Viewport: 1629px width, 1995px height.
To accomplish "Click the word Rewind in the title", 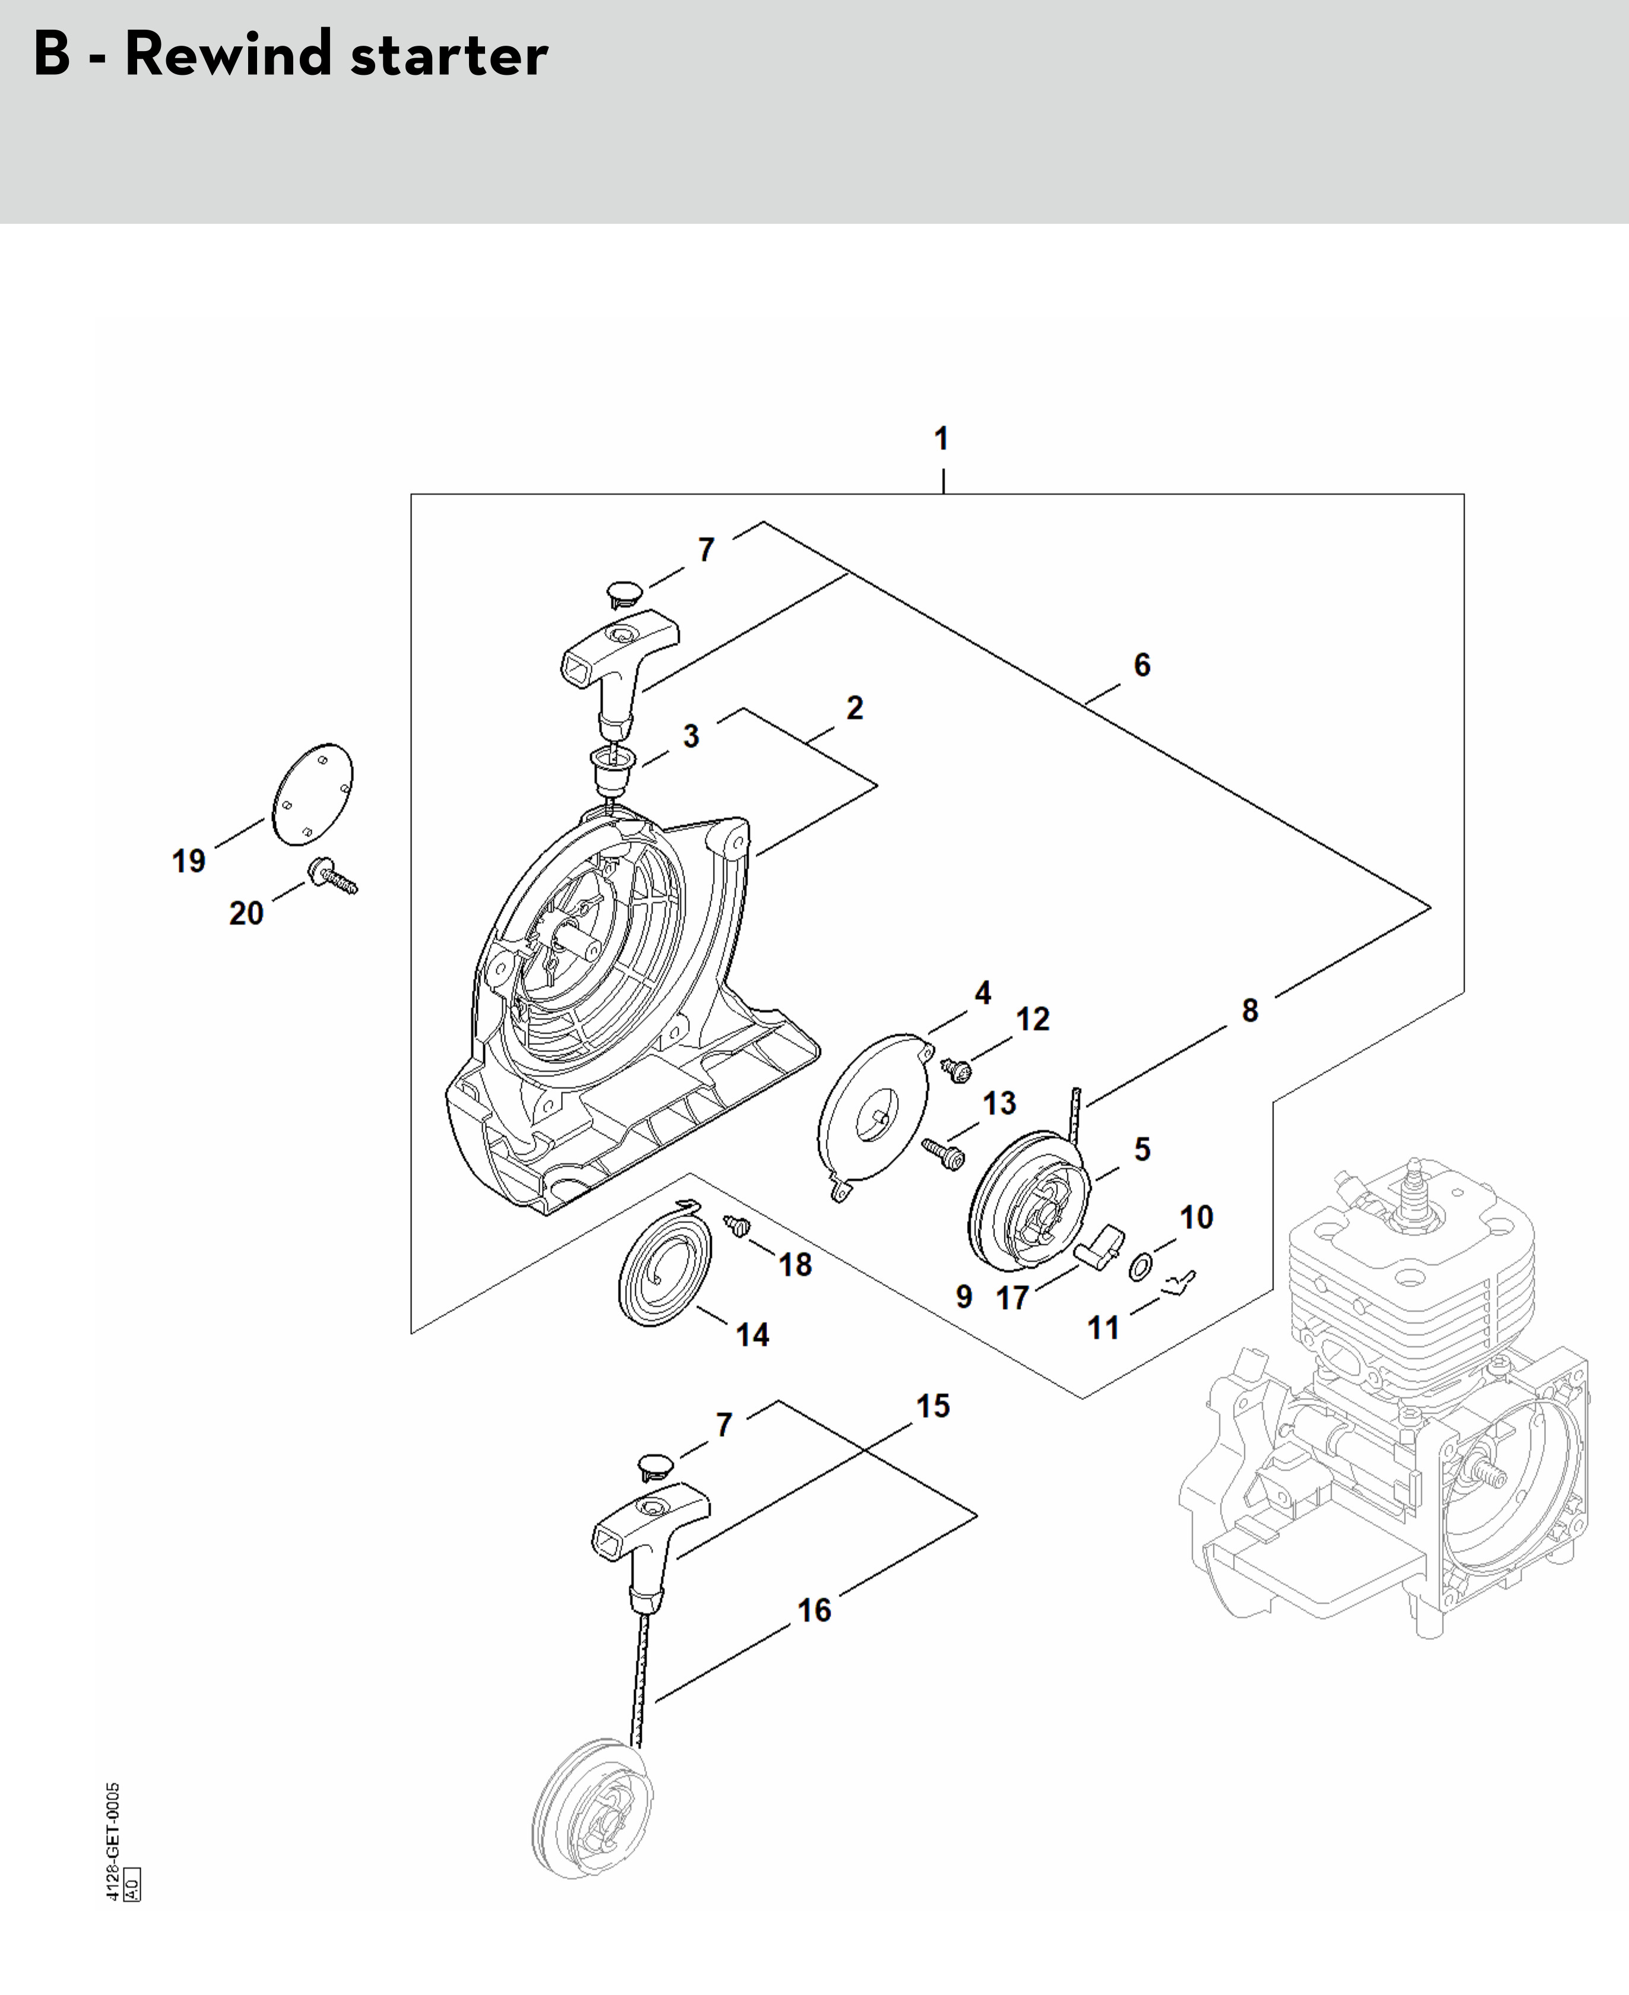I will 228,55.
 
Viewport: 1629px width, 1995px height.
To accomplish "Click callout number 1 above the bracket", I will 941,438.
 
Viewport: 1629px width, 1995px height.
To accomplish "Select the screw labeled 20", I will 334,878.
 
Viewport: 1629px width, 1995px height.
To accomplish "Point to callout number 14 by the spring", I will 753,1334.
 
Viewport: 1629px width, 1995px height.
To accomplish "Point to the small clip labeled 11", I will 1178,1281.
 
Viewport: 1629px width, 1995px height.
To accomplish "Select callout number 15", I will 933,1405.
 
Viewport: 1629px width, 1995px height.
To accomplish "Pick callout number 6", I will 1141,664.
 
